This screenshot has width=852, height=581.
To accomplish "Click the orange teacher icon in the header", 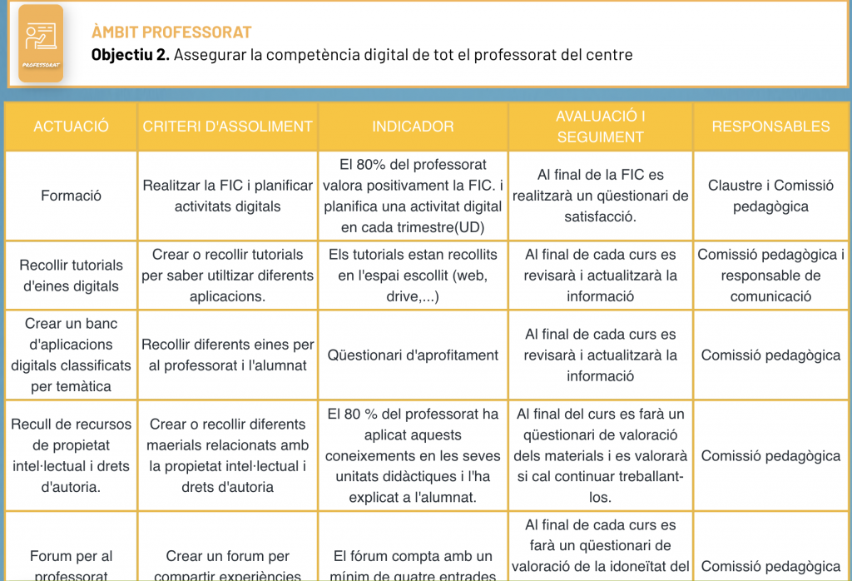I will click(x=41, y=43).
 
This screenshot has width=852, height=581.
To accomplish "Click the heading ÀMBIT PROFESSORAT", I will click(x=171, y=32).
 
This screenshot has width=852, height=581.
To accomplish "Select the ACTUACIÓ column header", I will click(x=72, y=127).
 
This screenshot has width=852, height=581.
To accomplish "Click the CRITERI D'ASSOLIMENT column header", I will click(x=227, y=127).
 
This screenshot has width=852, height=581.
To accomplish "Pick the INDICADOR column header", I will click(x=413, y=127).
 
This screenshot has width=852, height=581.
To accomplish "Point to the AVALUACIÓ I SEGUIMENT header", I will click(x=601, y=127).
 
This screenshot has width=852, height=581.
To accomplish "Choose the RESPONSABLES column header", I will click(x=770, y=127).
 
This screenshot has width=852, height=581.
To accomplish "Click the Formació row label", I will click(x=72, y=196).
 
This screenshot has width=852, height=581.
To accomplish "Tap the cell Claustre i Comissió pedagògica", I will click(x=770, y=196).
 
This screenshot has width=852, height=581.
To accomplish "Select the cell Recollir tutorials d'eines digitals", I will click(x=72, y=276).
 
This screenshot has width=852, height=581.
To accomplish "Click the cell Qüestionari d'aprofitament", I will click(x=413, y=355).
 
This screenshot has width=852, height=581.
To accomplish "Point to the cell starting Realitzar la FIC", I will click(x=227, y=196).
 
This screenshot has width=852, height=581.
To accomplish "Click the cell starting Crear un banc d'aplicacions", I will click(x=72, y=355).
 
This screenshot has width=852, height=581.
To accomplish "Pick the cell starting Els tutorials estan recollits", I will click(x=413, y=276).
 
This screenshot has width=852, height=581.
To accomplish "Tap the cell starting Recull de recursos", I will click(x=72, y=455).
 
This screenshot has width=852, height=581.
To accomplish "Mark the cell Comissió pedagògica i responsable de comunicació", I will click(x=770, y=276).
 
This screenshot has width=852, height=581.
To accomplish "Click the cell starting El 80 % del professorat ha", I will click(x=413, y=455).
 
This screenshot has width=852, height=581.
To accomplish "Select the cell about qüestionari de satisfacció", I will click(x=601, y=196).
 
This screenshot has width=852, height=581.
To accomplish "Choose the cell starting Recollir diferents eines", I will click(x=227, y=355).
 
